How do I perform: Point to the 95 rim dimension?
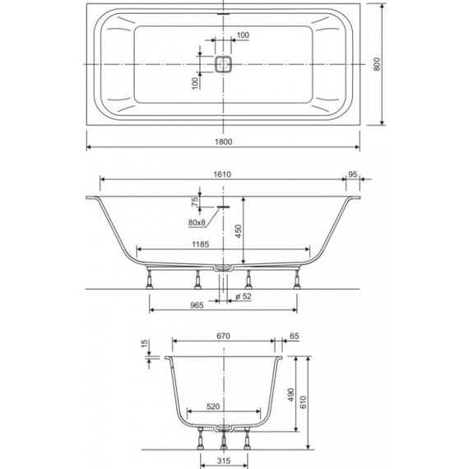point(352,174)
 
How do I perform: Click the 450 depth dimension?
point(239,232)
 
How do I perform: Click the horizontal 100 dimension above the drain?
point(242,35)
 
